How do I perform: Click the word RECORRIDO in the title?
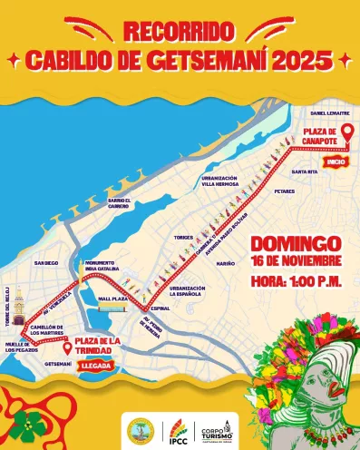pyautogui.click(x=180, y=30)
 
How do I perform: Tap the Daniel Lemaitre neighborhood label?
pyautogui.click(x=329, y=113)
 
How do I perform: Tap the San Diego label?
pyautogui.click(x=46, y=263)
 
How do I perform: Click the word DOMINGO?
pyautogui.click(x=296, y=244)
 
